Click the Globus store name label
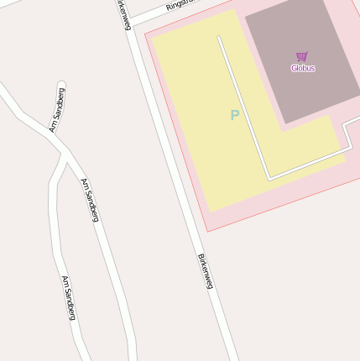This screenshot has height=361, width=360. click(302, 68)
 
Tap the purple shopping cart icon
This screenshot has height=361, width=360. click(302, 57)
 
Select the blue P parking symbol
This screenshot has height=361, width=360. click(235, 116)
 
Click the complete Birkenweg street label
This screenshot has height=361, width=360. click(205, 271)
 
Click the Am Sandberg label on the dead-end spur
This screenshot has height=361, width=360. click(57, 109)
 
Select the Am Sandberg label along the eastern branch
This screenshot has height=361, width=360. click(90, 199)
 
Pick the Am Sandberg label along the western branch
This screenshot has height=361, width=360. click(69, 297)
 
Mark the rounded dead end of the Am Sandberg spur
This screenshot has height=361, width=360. click(61, 84)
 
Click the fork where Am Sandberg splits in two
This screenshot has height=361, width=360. click(64, 154)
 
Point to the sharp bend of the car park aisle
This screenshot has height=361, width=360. click(269, 177)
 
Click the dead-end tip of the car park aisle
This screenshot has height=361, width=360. click(219, 38)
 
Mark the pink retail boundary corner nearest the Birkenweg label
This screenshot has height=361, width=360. click(206, 231)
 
